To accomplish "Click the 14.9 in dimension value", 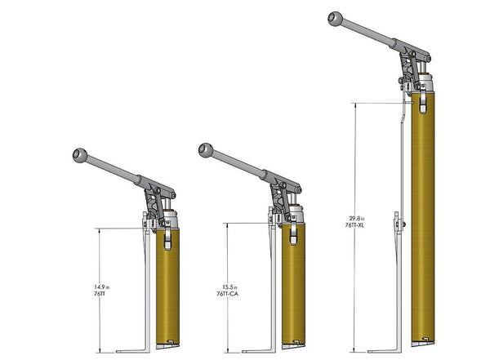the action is coord(101,287).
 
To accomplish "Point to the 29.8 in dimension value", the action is coord(357,219).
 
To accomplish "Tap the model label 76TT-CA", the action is coord(228,294).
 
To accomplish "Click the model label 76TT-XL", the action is coord(354,225).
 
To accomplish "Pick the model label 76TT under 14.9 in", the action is coord(100,294).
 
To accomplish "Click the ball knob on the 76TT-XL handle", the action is coord(336,19).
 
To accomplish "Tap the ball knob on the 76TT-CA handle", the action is coord(207,150).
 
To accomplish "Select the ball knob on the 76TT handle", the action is coord(80,155).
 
